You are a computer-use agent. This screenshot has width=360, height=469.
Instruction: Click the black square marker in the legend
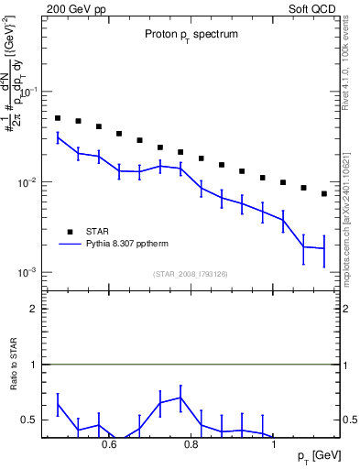[x=69, y=232]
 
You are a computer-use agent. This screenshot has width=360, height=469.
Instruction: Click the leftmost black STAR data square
[x=58, y=118]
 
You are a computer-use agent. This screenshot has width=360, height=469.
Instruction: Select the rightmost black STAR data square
[x=324, y=193]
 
